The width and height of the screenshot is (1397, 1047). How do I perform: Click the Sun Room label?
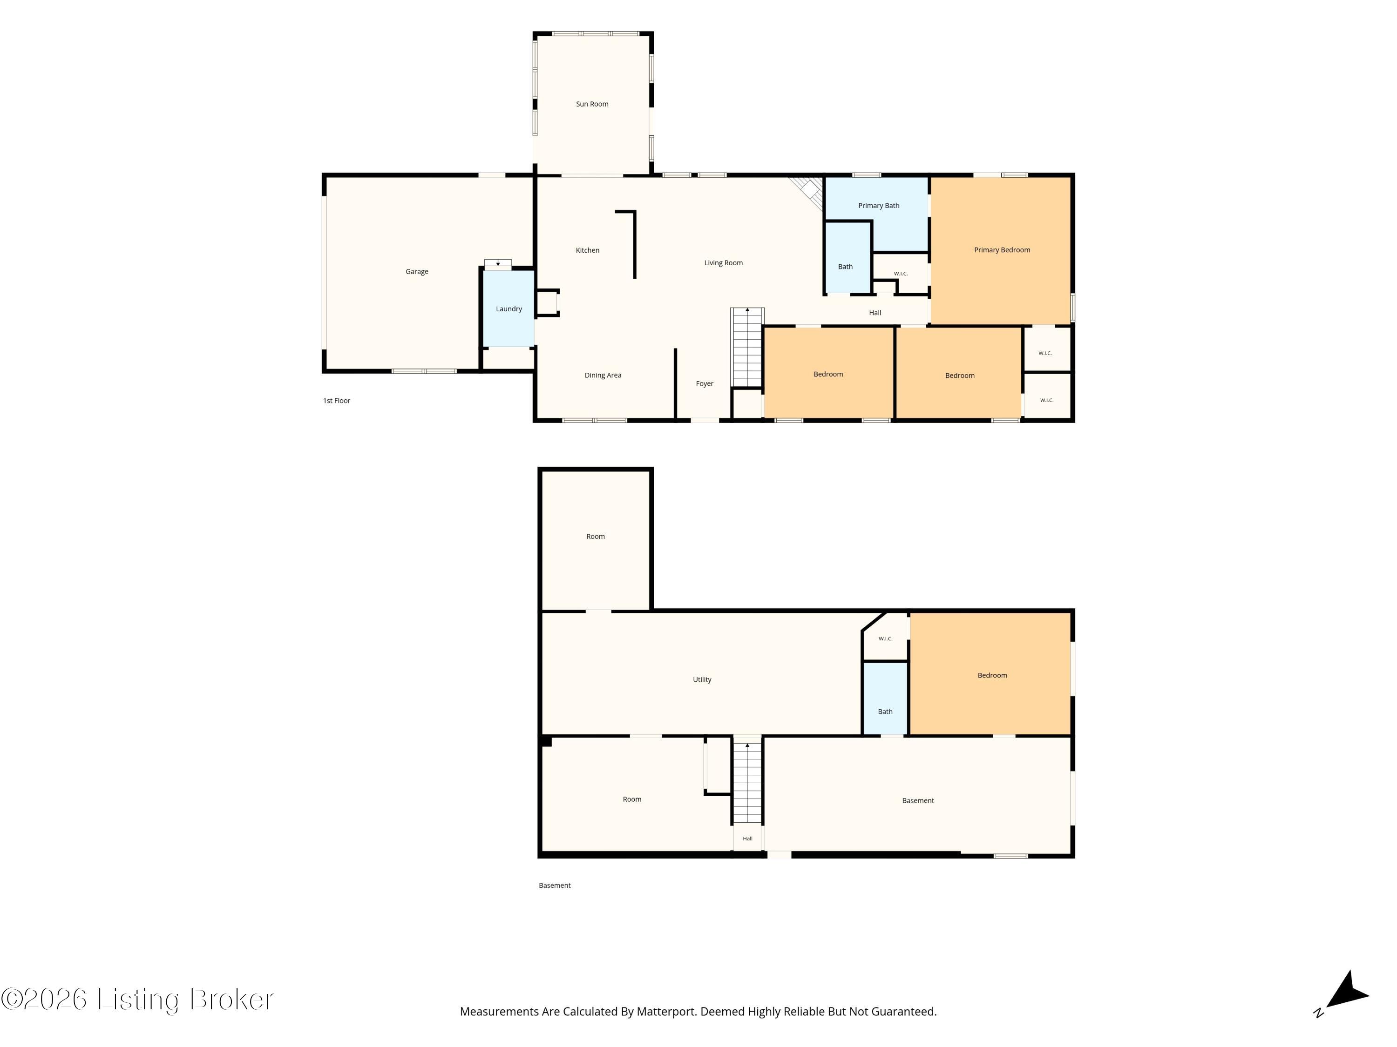[x=592, y=104]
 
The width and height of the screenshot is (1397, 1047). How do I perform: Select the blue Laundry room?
[x=509, y=309]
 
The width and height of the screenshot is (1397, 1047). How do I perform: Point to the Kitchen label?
[x=587, y=250]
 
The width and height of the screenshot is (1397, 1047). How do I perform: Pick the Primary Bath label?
[x=879, y=206]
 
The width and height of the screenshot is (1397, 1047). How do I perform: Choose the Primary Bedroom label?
[x=1002, y=250]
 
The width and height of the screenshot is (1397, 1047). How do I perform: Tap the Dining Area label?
[x=603, y=376]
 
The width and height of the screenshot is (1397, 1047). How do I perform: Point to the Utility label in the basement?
[x=702, y=680]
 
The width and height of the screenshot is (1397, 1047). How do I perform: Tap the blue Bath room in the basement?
[x=885, y=698]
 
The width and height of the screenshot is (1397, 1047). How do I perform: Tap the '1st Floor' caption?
[x=337, y=401]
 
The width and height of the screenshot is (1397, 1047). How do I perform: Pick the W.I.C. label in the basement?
[x=885, y=639]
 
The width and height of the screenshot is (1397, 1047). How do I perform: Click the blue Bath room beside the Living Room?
[x=848, y=257]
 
